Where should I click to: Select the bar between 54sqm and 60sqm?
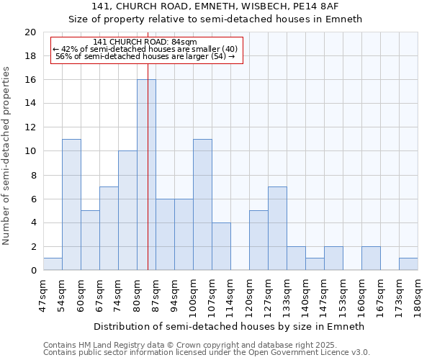point(71,204)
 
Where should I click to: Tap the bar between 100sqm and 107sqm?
point(202,204)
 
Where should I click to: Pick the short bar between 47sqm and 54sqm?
point(53,264)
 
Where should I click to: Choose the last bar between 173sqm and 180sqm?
point(408,264)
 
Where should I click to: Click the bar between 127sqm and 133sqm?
point(277,228)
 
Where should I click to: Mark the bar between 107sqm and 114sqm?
point(221,246)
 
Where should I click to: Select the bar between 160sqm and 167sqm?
point(371,258)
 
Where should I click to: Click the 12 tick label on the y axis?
point(30,127)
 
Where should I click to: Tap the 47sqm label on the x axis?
point(44,294)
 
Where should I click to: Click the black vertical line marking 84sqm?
point(148,180)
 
